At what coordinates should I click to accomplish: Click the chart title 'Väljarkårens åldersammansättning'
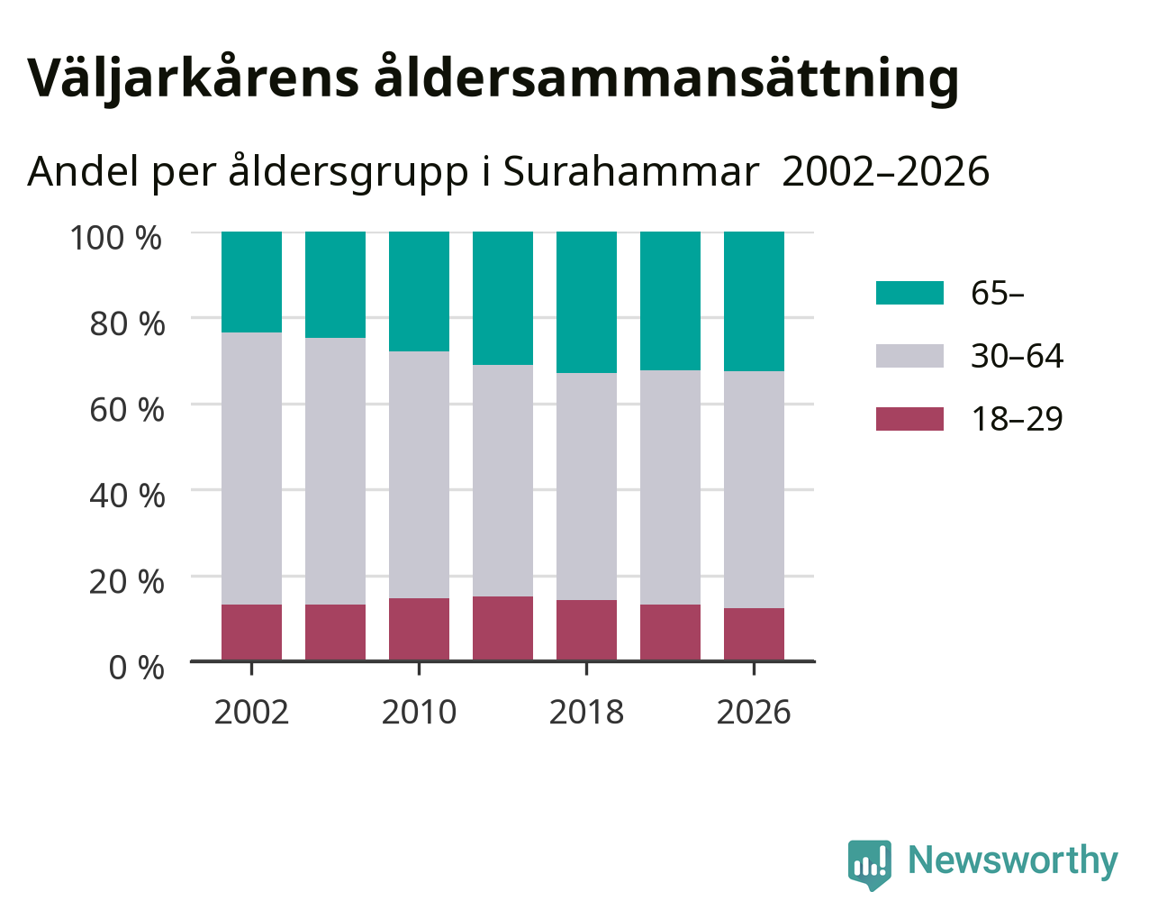tap(493, 79)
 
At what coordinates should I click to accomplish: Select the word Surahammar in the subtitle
tap(630, 172)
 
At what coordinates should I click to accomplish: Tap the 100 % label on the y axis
tap(115, 238)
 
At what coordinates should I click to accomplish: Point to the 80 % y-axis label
tap(127, 323)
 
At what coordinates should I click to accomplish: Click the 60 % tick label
tap(127, 410)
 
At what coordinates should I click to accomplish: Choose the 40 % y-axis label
tap(127, 496)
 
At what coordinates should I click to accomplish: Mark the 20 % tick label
tap(127, 582)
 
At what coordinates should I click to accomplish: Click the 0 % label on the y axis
tap(136, 668)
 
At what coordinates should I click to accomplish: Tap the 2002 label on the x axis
tap(251, 712)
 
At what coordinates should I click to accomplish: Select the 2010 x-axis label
tap(419, 712)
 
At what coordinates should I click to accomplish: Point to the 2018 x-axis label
tap(586, 712)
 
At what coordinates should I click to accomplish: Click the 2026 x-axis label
tap(754, 712)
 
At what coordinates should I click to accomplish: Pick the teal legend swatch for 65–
tap(909, 293)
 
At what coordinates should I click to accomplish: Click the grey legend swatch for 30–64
tap(909, 356)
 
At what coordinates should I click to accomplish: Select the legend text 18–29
tap(1018, 419)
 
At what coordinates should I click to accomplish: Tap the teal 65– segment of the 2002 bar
tap(251, 282)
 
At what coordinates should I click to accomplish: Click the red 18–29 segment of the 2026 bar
tap(754, 634)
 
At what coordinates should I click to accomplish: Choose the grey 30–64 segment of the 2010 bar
tap(419, 475)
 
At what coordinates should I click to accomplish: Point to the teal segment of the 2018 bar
tap(586, 303)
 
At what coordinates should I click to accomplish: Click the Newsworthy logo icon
tap(870, 865)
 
